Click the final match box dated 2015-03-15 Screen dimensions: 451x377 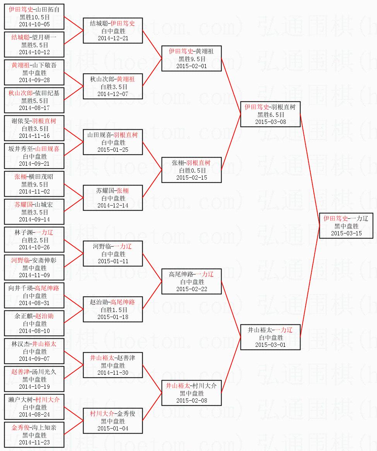coord(346,226)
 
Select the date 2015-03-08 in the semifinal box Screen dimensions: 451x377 coord(270,122)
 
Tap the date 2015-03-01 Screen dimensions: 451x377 coord(270,345)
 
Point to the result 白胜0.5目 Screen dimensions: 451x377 coord(192,170)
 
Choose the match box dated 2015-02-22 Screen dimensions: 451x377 coord(192,281)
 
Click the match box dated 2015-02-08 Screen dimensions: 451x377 coord(192,393)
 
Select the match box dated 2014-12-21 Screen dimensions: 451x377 coord(113,31)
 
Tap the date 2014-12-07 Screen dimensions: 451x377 coord(113,94)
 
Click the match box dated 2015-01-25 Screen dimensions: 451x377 coord(113,142)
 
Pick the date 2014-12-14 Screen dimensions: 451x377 coord(113,205)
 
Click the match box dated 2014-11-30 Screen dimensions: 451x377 coord(113,365)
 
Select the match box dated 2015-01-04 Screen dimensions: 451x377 coord(113,421)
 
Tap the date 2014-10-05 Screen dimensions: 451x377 coord(34,24)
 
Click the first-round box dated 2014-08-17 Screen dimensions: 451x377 coord(34,100)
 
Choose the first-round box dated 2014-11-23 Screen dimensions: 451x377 coord(34,435)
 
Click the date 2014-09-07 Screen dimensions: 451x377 coord(34,358)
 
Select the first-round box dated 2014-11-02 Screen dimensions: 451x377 coord(34,184)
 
